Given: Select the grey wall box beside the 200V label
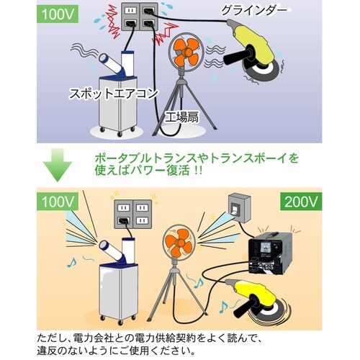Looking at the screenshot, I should [x=239, y=208].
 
